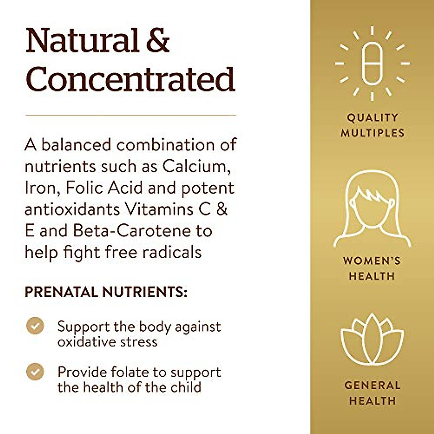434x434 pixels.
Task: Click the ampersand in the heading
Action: (x=158, y=40)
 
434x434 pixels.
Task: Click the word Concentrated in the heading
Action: (x=130, y=79)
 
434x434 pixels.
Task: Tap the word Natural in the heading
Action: (x=82, y=40)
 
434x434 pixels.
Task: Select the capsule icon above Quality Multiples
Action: (x=372, y=64)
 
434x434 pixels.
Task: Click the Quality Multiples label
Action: (x=373, y=125)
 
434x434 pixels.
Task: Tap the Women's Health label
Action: (x=372, y=268)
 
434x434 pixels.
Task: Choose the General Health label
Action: (x=373, y=393)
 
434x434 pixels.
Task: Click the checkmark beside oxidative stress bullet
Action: (x=35, y=326)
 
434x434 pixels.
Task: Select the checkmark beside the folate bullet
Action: (x=35, y=371)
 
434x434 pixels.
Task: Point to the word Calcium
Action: (x=196, y=166)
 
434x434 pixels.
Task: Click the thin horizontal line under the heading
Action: (x=131, y=115)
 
